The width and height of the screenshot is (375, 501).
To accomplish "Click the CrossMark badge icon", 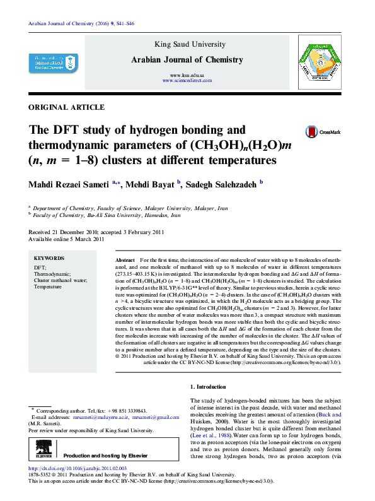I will [x=312, y=132].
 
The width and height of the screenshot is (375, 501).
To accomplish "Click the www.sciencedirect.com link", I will [x=187, y=81].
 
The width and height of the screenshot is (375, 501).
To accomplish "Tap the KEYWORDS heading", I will [x=49, y=259].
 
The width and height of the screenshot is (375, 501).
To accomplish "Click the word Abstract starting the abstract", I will [x=125, y=260].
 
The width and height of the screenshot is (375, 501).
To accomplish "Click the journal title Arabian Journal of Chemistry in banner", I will [x=187, y=60].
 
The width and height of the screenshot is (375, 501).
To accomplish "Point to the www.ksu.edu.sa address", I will [x=187, y=75].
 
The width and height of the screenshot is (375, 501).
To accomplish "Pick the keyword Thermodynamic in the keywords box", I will [x=52, y=274].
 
